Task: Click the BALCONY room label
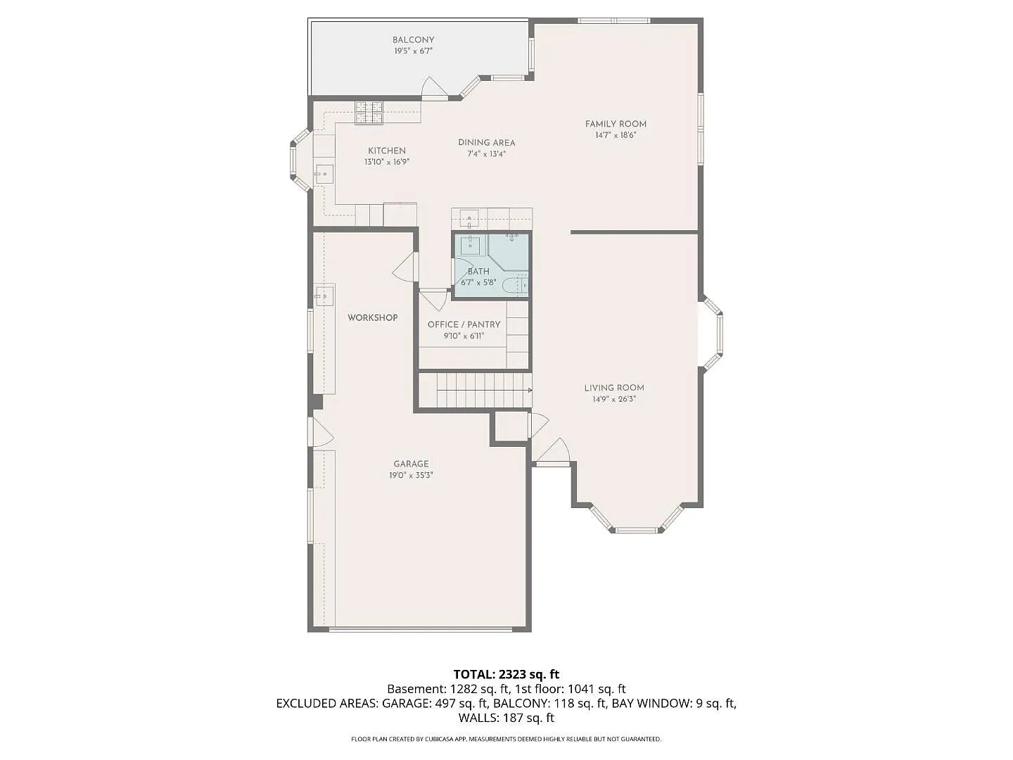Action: click(413, 40)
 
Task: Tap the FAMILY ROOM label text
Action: click(616, 124)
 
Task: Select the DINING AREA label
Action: click(486, 143)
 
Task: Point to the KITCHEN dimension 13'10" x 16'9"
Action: click(387, 162)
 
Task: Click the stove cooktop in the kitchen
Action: click(369, 113)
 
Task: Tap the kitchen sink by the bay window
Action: click(324, 174)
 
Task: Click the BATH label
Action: click(478, 272)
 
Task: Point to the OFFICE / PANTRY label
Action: click(464, 324)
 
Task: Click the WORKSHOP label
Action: click(372, 317)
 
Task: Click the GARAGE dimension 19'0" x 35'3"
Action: click(411, 475)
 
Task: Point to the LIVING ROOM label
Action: click(614, 388)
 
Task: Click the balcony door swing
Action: click(435, 88)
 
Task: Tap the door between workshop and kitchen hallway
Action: click(406, 267)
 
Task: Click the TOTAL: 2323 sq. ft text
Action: click(507, 675)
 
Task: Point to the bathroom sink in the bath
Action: click(471, 245)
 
